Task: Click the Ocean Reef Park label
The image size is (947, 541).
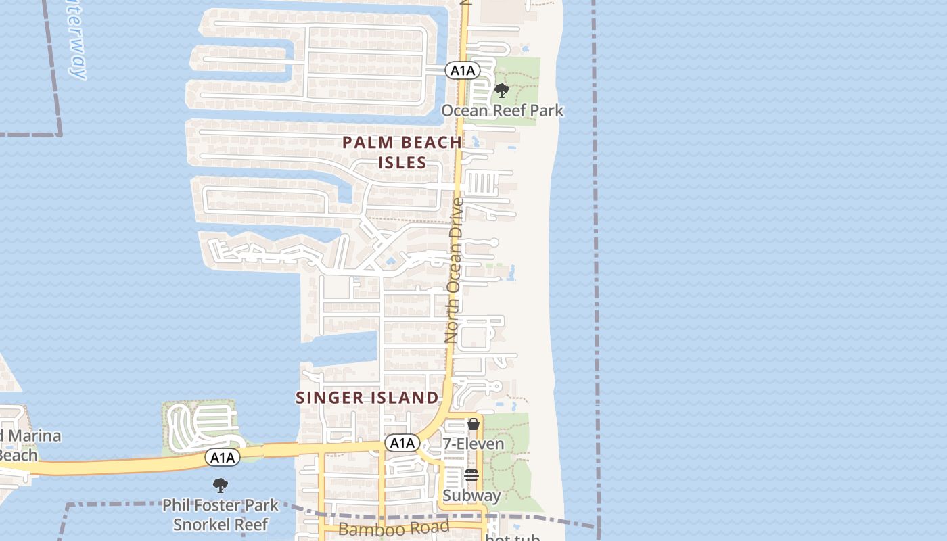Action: point(502,110)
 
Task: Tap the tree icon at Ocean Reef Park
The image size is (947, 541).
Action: point(501,91)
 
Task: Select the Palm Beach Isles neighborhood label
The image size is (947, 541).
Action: point(402,152)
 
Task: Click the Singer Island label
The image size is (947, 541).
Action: point(367,398)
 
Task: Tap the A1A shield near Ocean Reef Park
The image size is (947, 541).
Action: point(463,70)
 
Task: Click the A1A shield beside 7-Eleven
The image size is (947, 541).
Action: point(402,443)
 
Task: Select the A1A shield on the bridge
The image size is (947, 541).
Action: point(223,458)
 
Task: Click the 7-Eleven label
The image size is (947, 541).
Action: point(473,444)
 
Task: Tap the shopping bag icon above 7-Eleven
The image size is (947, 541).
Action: point(473,425)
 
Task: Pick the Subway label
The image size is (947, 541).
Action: point(471,496)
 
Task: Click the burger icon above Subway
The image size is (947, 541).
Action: point(471,475)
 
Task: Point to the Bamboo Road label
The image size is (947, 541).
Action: point(393,528)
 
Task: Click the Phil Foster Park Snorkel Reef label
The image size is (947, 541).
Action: point(221,515)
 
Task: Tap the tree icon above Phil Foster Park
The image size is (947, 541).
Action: point(220,485)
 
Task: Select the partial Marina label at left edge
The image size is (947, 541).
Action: point(30,436)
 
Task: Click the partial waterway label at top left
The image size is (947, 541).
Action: point(76,37)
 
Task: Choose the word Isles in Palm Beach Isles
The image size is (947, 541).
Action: point(402,162)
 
